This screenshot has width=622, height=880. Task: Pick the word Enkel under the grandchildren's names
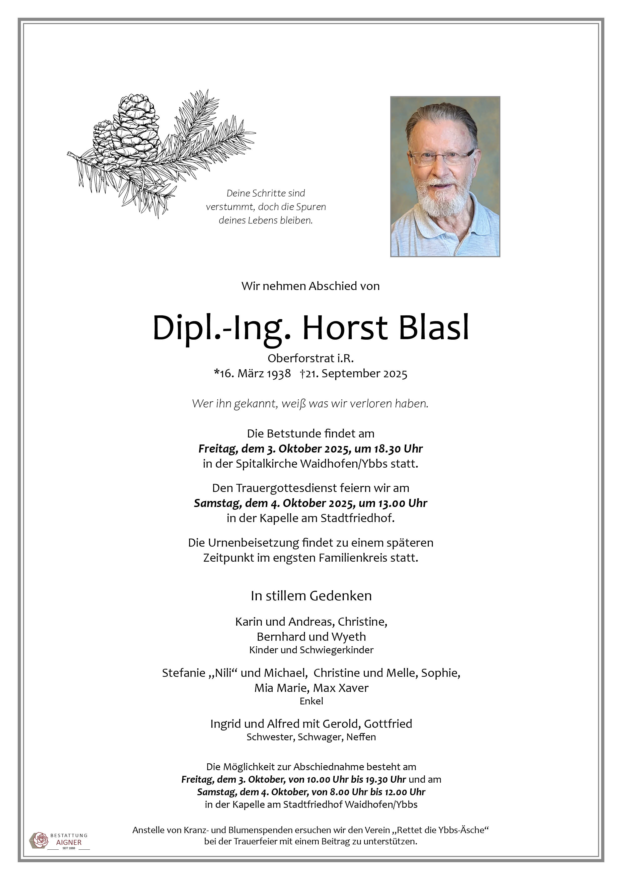point(311,701)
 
